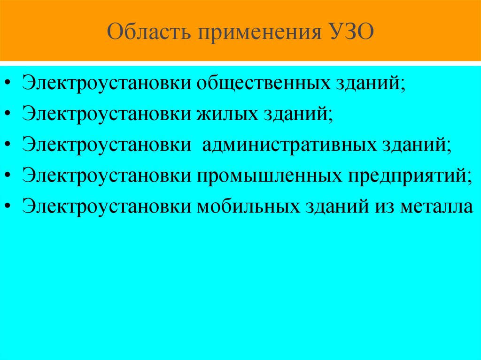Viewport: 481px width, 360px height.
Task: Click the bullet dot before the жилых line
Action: click(10, 115)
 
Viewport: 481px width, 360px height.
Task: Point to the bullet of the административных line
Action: click(10, 145)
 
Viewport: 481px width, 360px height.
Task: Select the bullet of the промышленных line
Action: click(10, 176)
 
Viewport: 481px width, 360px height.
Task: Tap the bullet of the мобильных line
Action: click(10, 207)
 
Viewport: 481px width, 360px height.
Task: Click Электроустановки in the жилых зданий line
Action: click(106, 114)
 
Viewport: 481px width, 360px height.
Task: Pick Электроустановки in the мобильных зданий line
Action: click(106, 206)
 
